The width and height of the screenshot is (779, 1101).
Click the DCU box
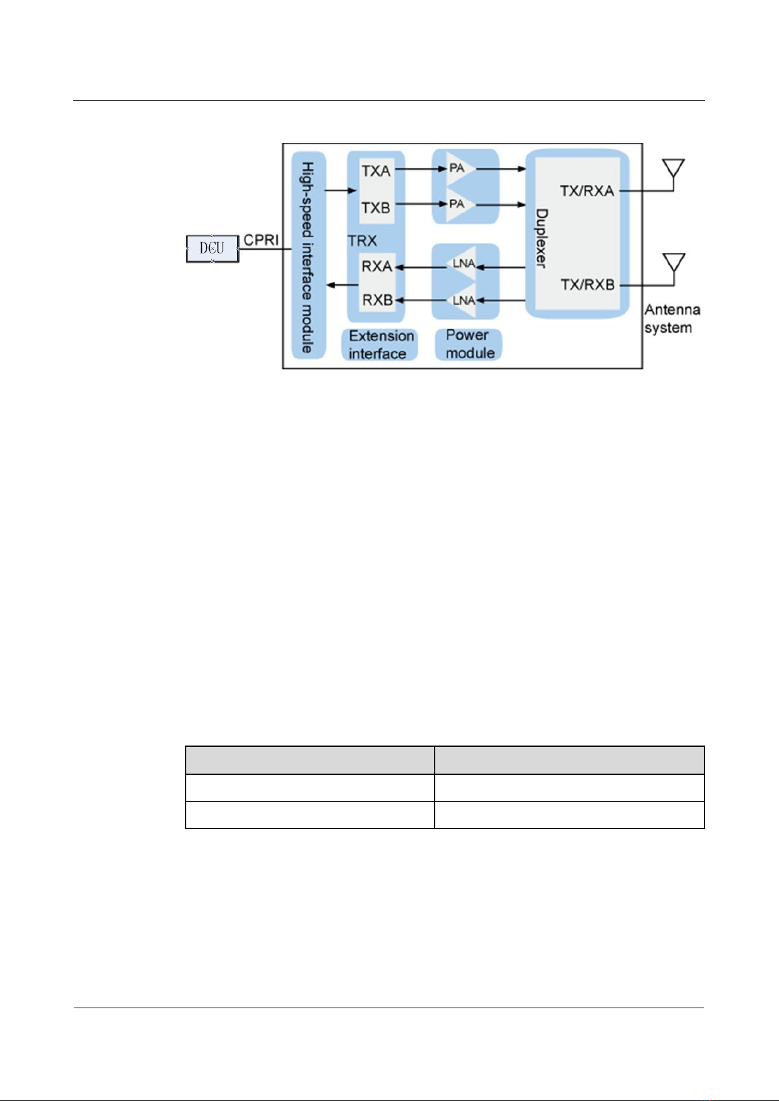coord(212,248)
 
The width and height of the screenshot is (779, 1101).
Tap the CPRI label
coord(261,240)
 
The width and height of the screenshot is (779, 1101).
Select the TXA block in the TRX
coord(376,171)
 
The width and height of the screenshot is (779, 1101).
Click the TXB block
coord(376,208)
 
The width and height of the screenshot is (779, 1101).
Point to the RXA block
coord(377,267)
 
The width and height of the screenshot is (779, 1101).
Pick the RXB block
coord(377,300)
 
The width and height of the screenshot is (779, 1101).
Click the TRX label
coord(362,241)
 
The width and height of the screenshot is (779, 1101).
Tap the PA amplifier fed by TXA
coord(458,169)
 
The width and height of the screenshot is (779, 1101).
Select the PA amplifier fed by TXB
coord(458,205)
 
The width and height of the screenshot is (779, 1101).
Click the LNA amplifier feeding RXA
coord(464,265)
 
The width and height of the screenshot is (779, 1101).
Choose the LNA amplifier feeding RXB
coord(464,301)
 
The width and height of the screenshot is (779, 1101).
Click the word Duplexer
coord(542,238)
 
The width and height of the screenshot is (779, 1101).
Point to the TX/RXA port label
coord(587,191)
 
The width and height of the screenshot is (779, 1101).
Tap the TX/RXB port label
coord(588,285)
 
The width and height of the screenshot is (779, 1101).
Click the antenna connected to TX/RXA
coord(673,169)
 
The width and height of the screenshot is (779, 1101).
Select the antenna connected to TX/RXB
coord(673,264)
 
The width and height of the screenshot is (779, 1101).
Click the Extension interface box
coord(380,344)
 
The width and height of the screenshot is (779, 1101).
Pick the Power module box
coord(469,344)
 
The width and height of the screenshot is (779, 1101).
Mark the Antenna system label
coord(672,318)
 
